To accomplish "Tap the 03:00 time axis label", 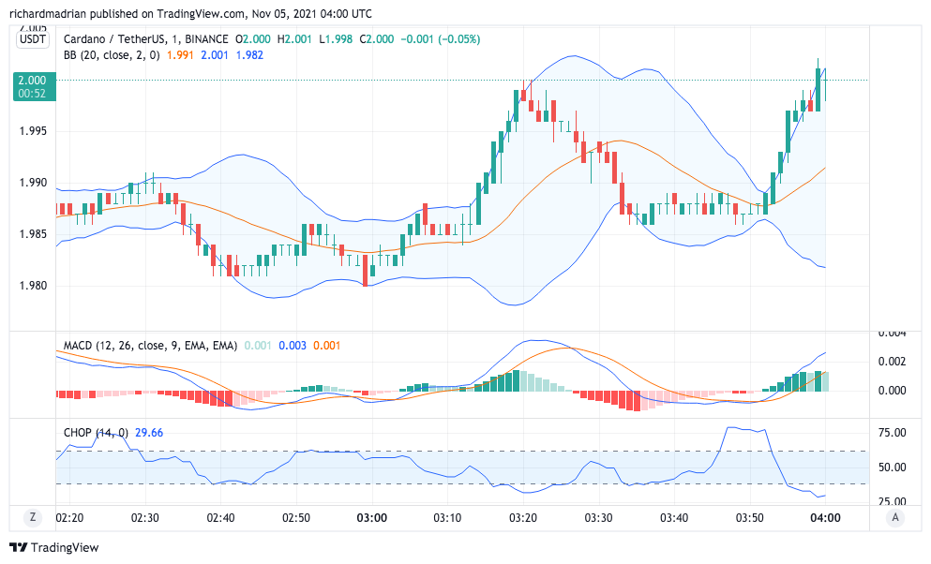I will click(373, 517).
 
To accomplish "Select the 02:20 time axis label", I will click(70, 517).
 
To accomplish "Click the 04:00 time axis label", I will click(825, 517).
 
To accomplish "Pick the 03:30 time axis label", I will click(598, 517).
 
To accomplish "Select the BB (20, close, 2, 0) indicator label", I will click(112, 55).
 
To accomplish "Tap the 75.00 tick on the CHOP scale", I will click(892, 433).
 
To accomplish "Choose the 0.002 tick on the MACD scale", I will click(892, 362).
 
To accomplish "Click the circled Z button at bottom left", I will click(33, 517).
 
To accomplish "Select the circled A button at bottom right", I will click(896, 517).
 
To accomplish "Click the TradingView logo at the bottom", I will click(53, 547).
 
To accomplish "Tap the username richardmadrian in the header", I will click(53, 14).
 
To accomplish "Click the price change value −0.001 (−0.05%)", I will click(441, 39).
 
